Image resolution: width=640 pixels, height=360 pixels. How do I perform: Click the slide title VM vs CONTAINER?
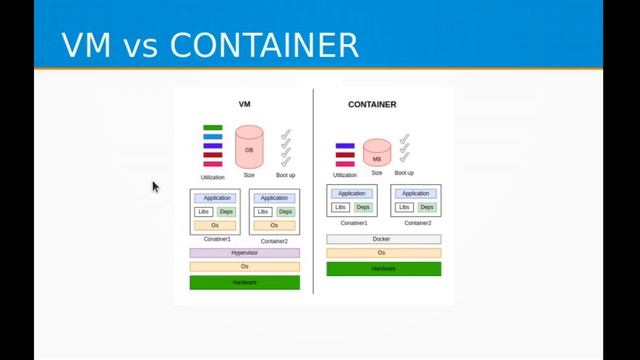[209, 44]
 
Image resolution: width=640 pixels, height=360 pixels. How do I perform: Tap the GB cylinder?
[249, 147]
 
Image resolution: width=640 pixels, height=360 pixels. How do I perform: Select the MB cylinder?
[376, 155]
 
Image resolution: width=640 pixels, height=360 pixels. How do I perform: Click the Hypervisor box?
[245, 253]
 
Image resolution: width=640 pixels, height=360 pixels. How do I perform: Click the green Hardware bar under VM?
[245, 282]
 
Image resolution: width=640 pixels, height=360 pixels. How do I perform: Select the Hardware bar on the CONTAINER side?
[383, 268]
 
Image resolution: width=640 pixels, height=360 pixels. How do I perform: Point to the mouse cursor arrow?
[155, 186]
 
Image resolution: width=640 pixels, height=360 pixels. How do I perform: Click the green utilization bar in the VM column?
[212, 128]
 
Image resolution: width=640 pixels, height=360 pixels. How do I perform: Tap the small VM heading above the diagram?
[244, 104]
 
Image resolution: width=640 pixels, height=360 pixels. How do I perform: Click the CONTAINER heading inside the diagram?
[372, 104]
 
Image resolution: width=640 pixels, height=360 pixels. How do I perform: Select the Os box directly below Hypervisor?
[245, 266]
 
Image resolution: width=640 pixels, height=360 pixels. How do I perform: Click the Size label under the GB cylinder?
[249, 175]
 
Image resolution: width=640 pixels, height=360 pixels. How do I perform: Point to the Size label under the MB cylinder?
[377, 173]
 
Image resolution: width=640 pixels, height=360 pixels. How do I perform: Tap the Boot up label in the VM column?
[285, 175]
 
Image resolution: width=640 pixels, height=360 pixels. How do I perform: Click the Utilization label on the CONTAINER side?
[344, 175]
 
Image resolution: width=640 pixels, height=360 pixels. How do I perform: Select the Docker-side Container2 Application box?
[415, 193]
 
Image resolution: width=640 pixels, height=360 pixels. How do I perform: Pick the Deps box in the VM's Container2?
[286, 212]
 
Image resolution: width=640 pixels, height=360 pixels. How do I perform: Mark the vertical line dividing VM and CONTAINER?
[313, 190]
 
